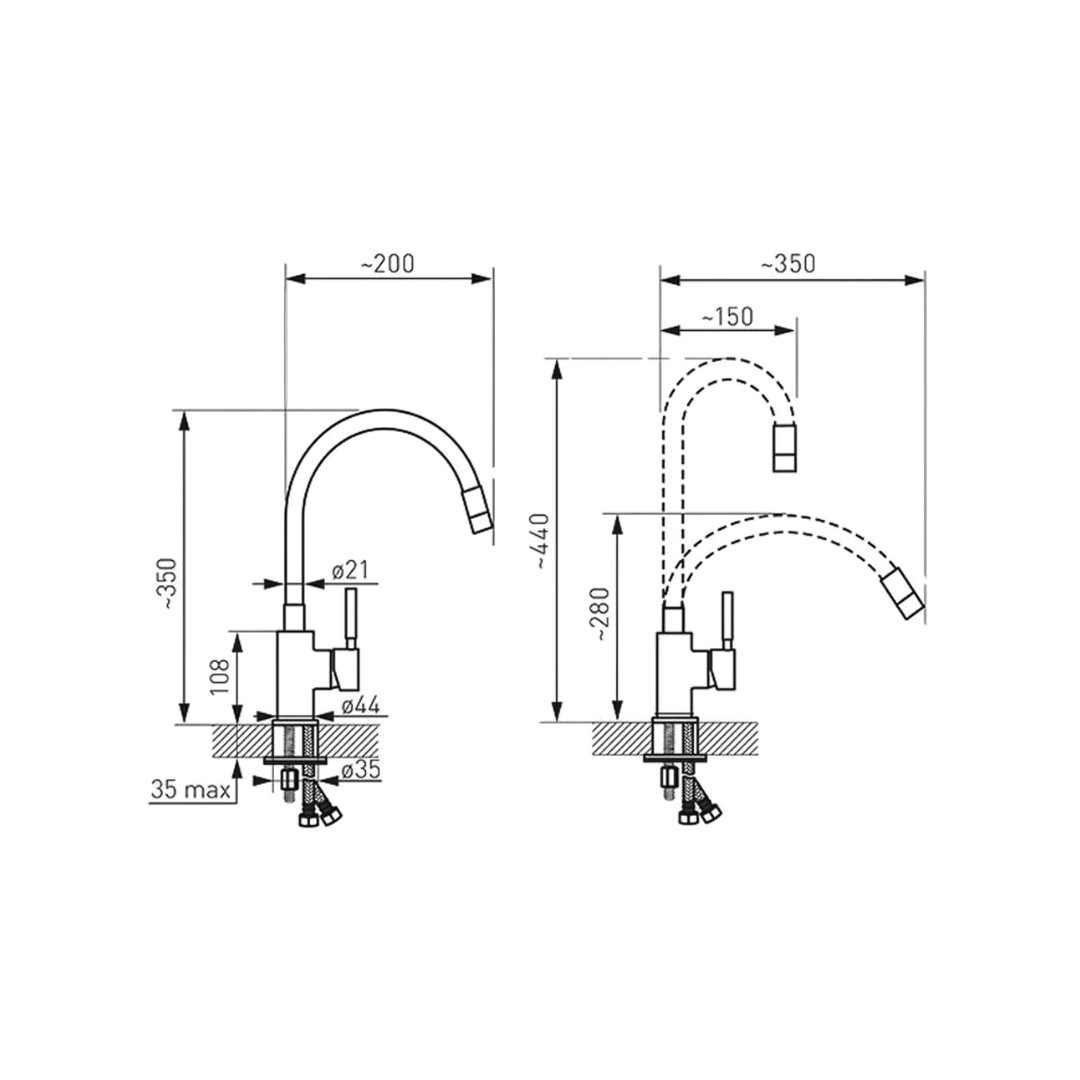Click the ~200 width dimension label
(x=388, y=264)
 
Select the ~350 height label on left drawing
(x=169, y=583)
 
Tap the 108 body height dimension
(x=220, y=676)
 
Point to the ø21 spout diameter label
(x=350, y=570)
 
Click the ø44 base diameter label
(x=361, y=705)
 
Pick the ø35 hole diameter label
(x=361, y=770)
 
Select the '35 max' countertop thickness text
(x=191, y=789)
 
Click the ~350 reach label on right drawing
(x=788, y=264)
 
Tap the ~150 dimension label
(x=728, y=317)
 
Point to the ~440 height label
(x=543, y=541)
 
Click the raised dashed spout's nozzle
(x=785, y=448)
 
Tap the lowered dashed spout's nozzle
(x=903, y=593)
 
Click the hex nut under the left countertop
(x=289, y=780)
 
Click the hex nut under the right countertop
(x=667, y=778)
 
